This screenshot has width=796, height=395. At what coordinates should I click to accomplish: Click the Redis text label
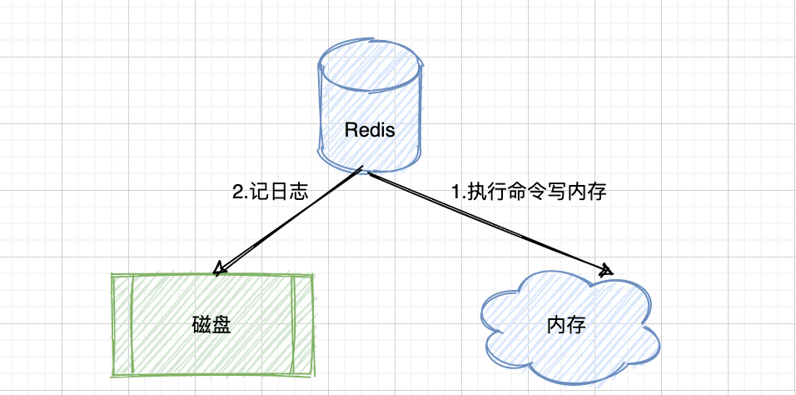coord(370,131)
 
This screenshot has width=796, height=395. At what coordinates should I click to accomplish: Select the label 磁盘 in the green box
coord(211,323)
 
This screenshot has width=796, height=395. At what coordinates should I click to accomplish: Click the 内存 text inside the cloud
coord(566,324)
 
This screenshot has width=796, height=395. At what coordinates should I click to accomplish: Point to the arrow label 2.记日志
coord(271,192)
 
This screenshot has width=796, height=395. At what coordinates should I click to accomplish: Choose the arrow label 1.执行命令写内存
coord(528,192)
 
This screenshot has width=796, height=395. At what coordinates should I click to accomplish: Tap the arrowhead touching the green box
coord(220,268)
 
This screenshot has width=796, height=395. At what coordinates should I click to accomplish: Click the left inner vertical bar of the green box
coord(132,323)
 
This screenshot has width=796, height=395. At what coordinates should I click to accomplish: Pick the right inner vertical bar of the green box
coord(293,323)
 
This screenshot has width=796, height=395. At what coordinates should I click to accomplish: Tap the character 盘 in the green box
coord(221,323)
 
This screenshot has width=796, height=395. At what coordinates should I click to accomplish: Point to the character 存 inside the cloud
coord(576,324)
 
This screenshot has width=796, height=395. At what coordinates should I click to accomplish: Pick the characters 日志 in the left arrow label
coord(288,192)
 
